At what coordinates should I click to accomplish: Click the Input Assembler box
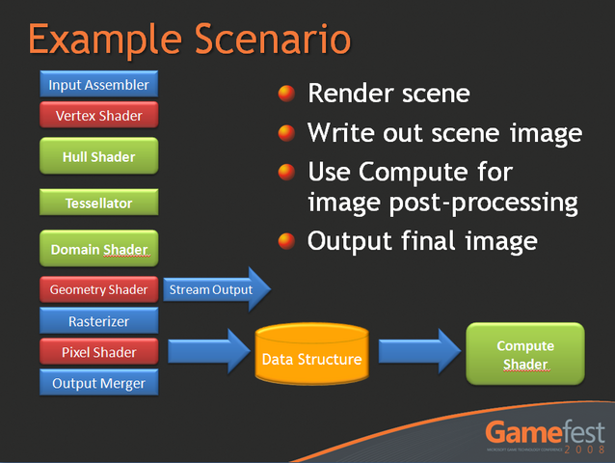(98, 85)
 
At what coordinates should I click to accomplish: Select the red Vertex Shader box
(98, 116)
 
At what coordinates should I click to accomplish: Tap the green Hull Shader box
(98, 156)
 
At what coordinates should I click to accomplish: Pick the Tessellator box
(98, 204)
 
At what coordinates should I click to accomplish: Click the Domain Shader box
(98, 249)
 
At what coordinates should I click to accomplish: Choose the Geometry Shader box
(98, 289)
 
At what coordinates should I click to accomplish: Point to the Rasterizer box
(98, 321)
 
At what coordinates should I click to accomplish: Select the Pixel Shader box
(98, 352)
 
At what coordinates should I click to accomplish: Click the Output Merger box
(98, 383)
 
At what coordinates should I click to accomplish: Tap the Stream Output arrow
(217, 289)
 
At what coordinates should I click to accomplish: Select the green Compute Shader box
(525, 355)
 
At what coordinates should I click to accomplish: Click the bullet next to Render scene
(286, 94)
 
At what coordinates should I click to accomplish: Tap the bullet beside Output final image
(286, 240)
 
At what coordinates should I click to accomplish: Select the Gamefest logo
(545, 435)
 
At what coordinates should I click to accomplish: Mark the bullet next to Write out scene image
(286, 133)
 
